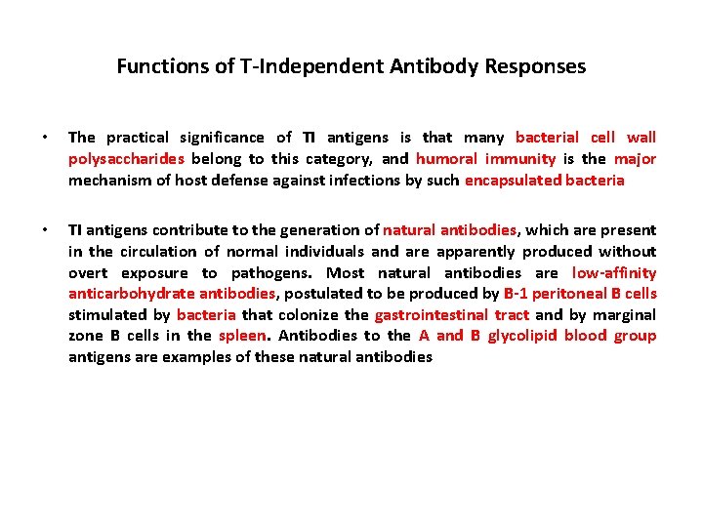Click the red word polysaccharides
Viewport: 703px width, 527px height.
[126, 159]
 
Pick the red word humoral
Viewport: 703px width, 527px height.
[444, 159]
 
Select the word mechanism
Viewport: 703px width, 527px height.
[108, 181]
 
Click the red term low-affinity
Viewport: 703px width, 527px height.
[614, 273]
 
